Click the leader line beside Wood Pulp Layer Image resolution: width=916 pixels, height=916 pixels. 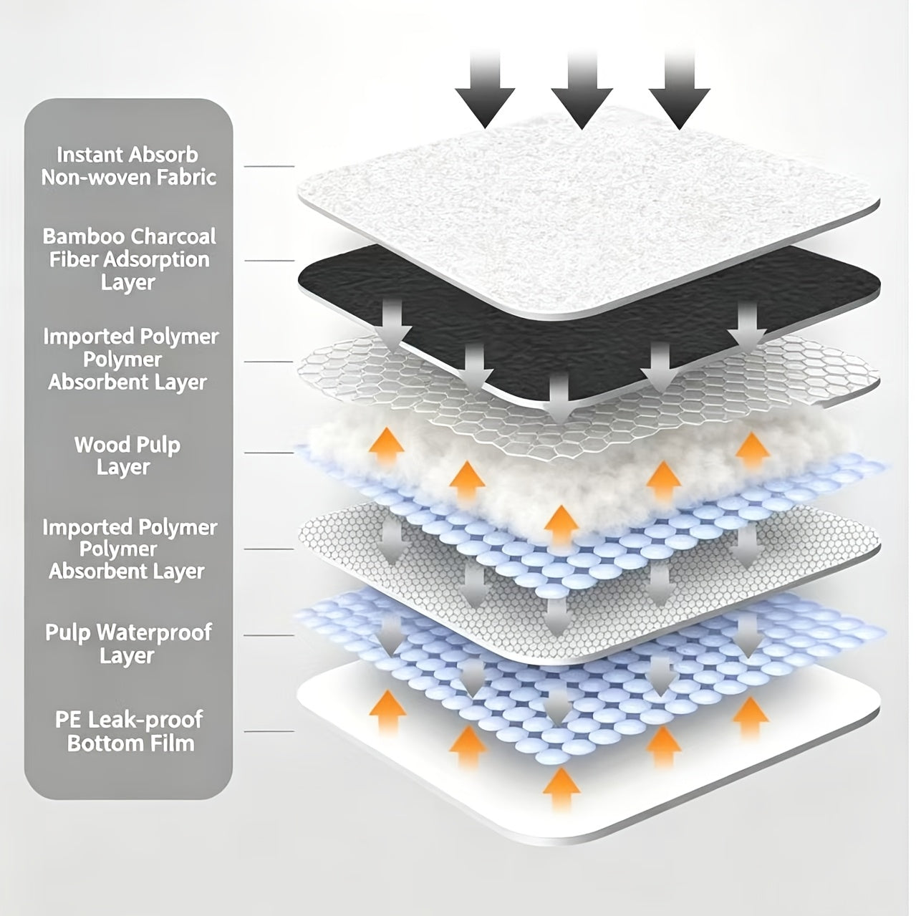pyautogui.click(x=269, y=453)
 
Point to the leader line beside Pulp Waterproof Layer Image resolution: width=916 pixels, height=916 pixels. pyautogui.click(x=269, y=635)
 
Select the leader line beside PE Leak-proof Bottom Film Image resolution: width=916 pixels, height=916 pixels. pyautogui.click(x=269, y=731)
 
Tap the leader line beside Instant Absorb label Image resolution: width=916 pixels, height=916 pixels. pyautogui.click(x=269, y=166)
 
